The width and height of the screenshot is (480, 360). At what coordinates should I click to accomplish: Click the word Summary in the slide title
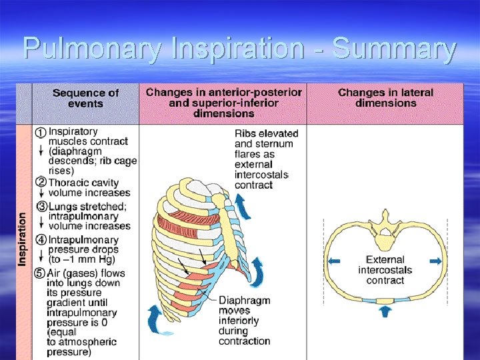[x=394, y=49]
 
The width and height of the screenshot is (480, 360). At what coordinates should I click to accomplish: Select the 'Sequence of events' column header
[x=85, y=99]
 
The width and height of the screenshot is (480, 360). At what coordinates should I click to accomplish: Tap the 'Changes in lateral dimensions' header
[x=385, y=98]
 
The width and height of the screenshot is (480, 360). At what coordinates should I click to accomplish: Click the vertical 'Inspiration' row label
[x=23, y=239]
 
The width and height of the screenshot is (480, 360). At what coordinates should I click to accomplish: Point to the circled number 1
[x=41, y=133]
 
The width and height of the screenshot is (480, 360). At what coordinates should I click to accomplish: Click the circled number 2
[x=41, y=183]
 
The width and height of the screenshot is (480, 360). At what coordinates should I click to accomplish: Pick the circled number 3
[x=41, y=207]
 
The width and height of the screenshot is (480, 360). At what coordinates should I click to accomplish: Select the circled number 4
[x=41, y=240]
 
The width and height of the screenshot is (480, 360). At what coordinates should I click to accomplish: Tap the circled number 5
[x=41, y=273]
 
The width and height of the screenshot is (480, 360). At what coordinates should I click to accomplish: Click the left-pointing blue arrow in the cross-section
[x=335, y=261]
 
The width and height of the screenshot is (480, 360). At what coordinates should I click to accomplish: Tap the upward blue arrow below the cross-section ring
[x=385, y=311]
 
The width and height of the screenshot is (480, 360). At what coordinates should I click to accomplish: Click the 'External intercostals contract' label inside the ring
[x=385, y=270]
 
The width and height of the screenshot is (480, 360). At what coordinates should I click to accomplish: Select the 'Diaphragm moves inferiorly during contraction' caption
[x=244, y=321]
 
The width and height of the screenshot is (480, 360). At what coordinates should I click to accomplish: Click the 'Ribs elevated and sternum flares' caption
[x=264, y=159]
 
